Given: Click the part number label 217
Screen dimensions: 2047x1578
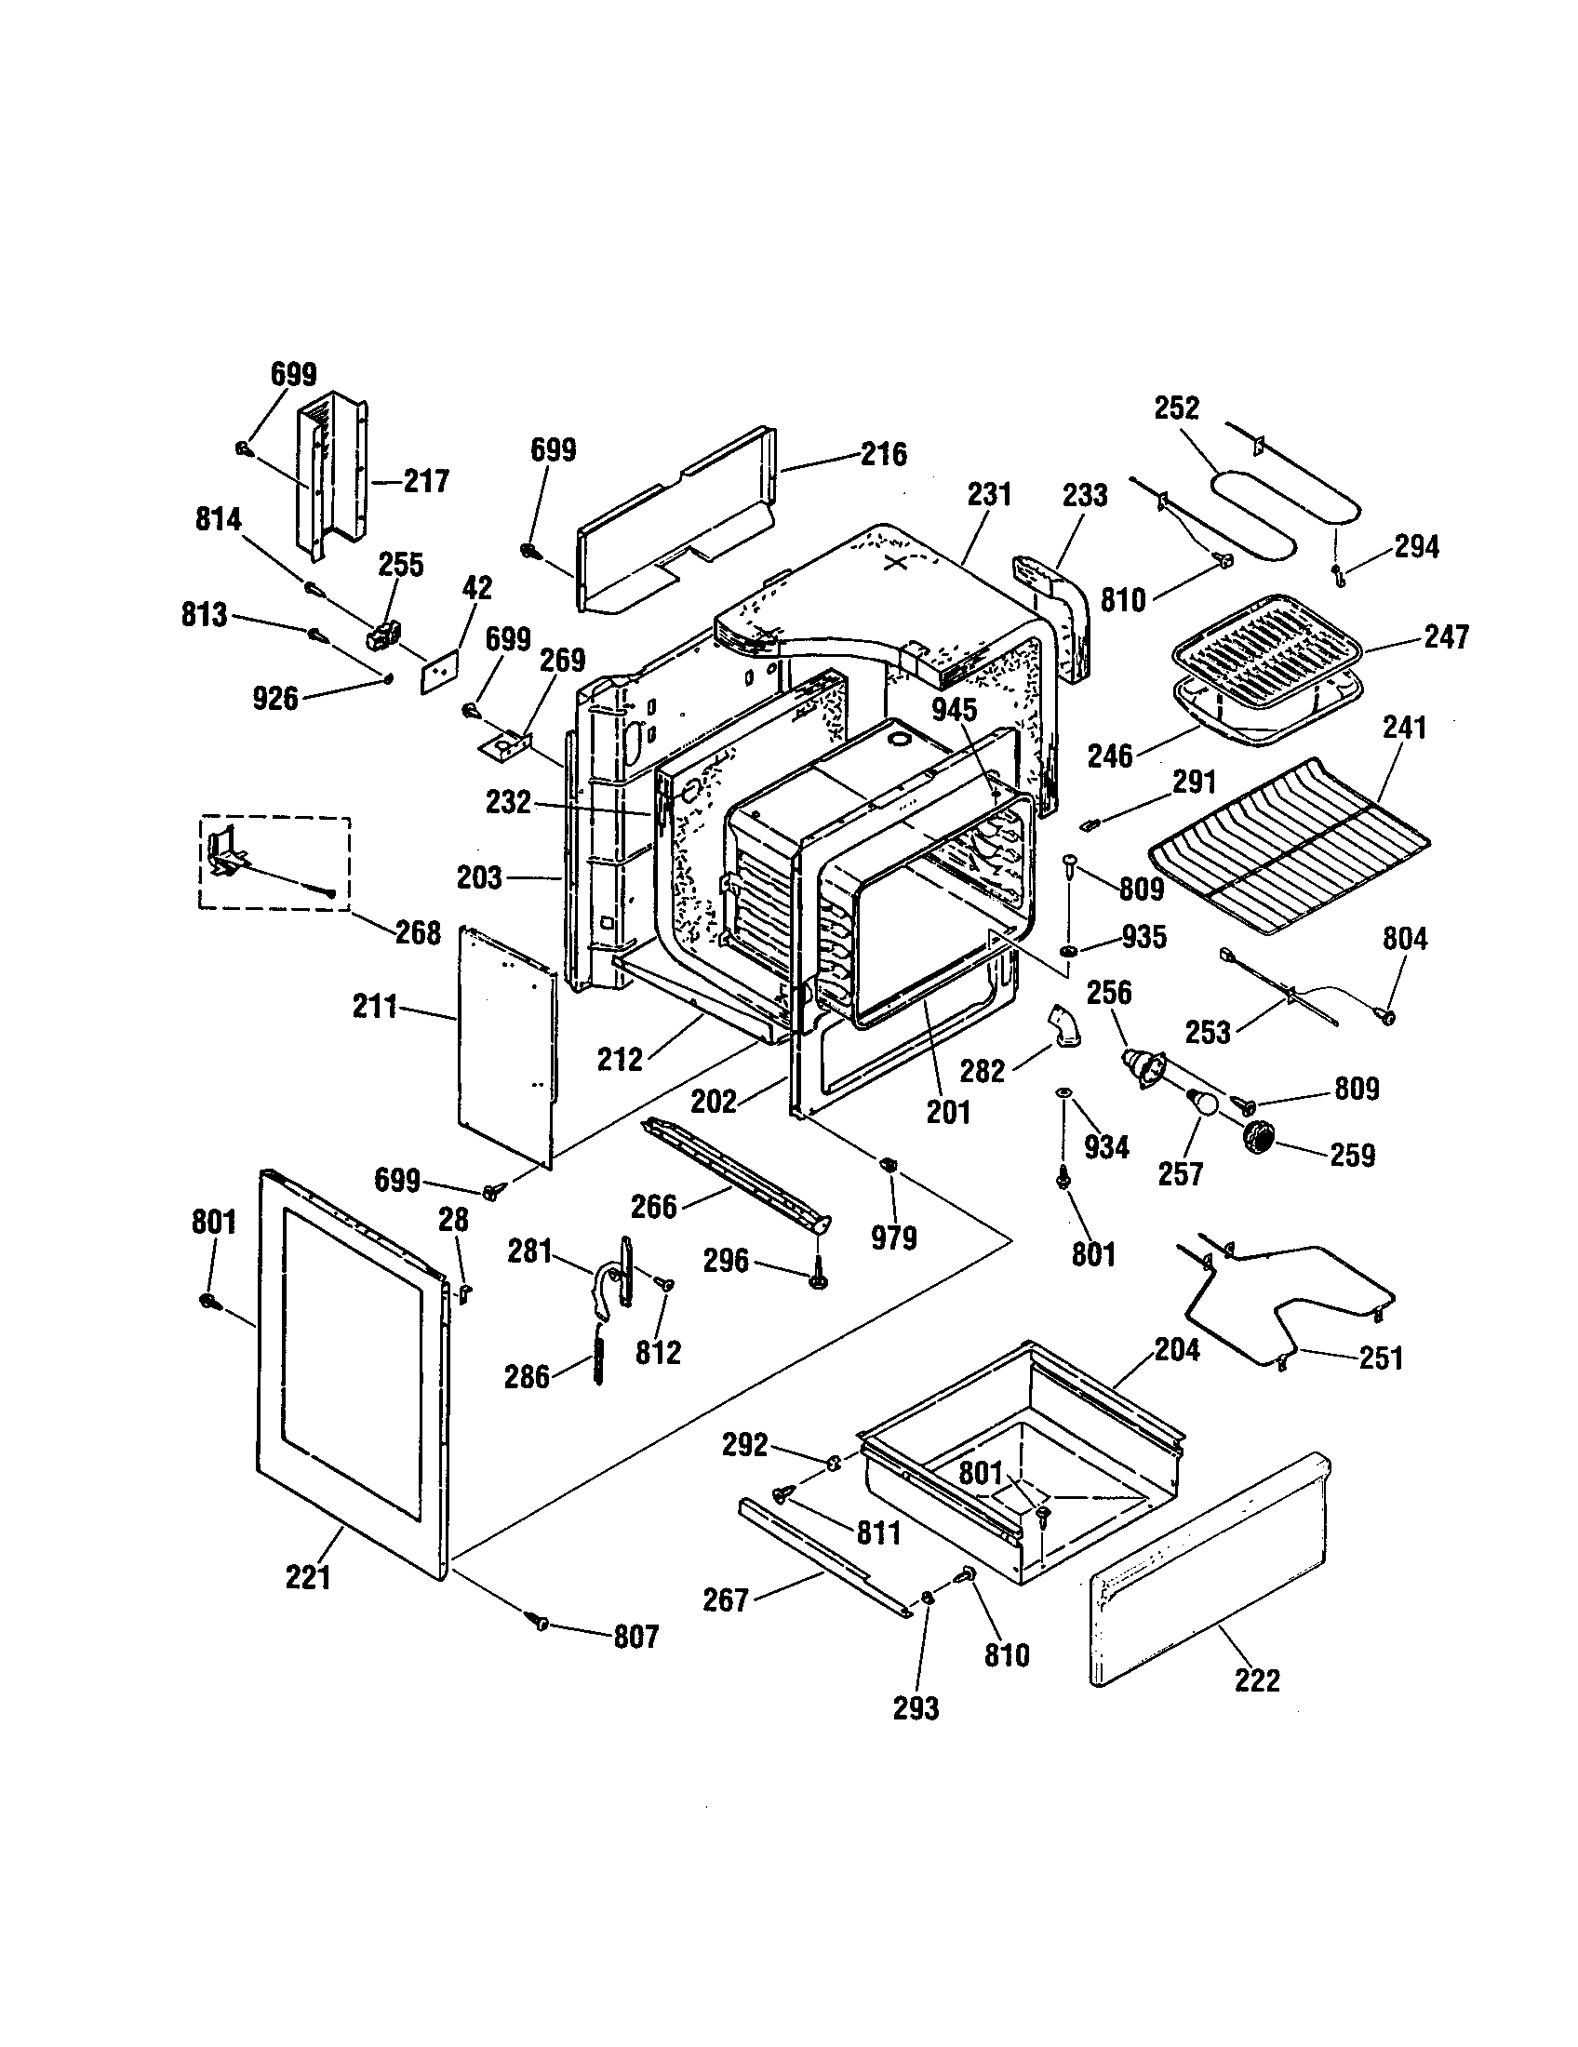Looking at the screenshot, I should (426, 481).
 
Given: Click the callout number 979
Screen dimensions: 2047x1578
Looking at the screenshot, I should (893, 1238).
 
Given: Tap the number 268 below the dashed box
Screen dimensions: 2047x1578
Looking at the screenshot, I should (417, 932).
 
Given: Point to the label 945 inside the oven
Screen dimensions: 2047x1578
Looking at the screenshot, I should (954, 710).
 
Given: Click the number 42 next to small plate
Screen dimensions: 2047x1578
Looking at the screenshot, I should (477, 588).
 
